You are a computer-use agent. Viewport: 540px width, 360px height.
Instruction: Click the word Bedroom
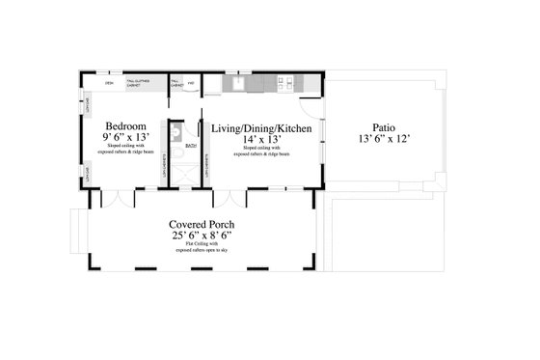pyautogui.click(x=125, y=126)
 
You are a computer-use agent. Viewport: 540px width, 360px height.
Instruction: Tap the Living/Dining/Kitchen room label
pyautogui.click(x=261, y=126)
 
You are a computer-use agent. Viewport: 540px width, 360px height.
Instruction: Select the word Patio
pyautogui.click(x=383, y=126)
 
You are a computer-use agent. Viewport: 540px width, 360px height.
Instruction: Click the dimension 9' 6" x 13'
pyautogui.click(x=125, y=138)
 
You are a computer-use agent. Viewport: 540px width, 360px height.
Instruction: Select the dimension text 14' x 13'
pyautogui.click(x=261, y=138)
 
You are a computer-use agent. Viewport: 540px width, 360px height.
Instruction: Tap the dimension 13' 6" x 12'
pyautogui.click(x=383, y=138)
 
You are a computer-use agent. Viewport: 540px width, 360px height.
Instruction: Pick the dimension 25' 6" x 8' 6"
pyautogui.click(x=202, y=235)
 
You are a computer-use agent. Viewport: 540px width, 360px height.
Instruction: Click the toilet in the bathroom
pyautogui.click(x=175, y=136)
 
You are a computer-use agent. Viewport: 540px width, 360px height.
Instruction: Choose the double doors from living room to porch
pyautogui.click(x=229, y=198)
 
